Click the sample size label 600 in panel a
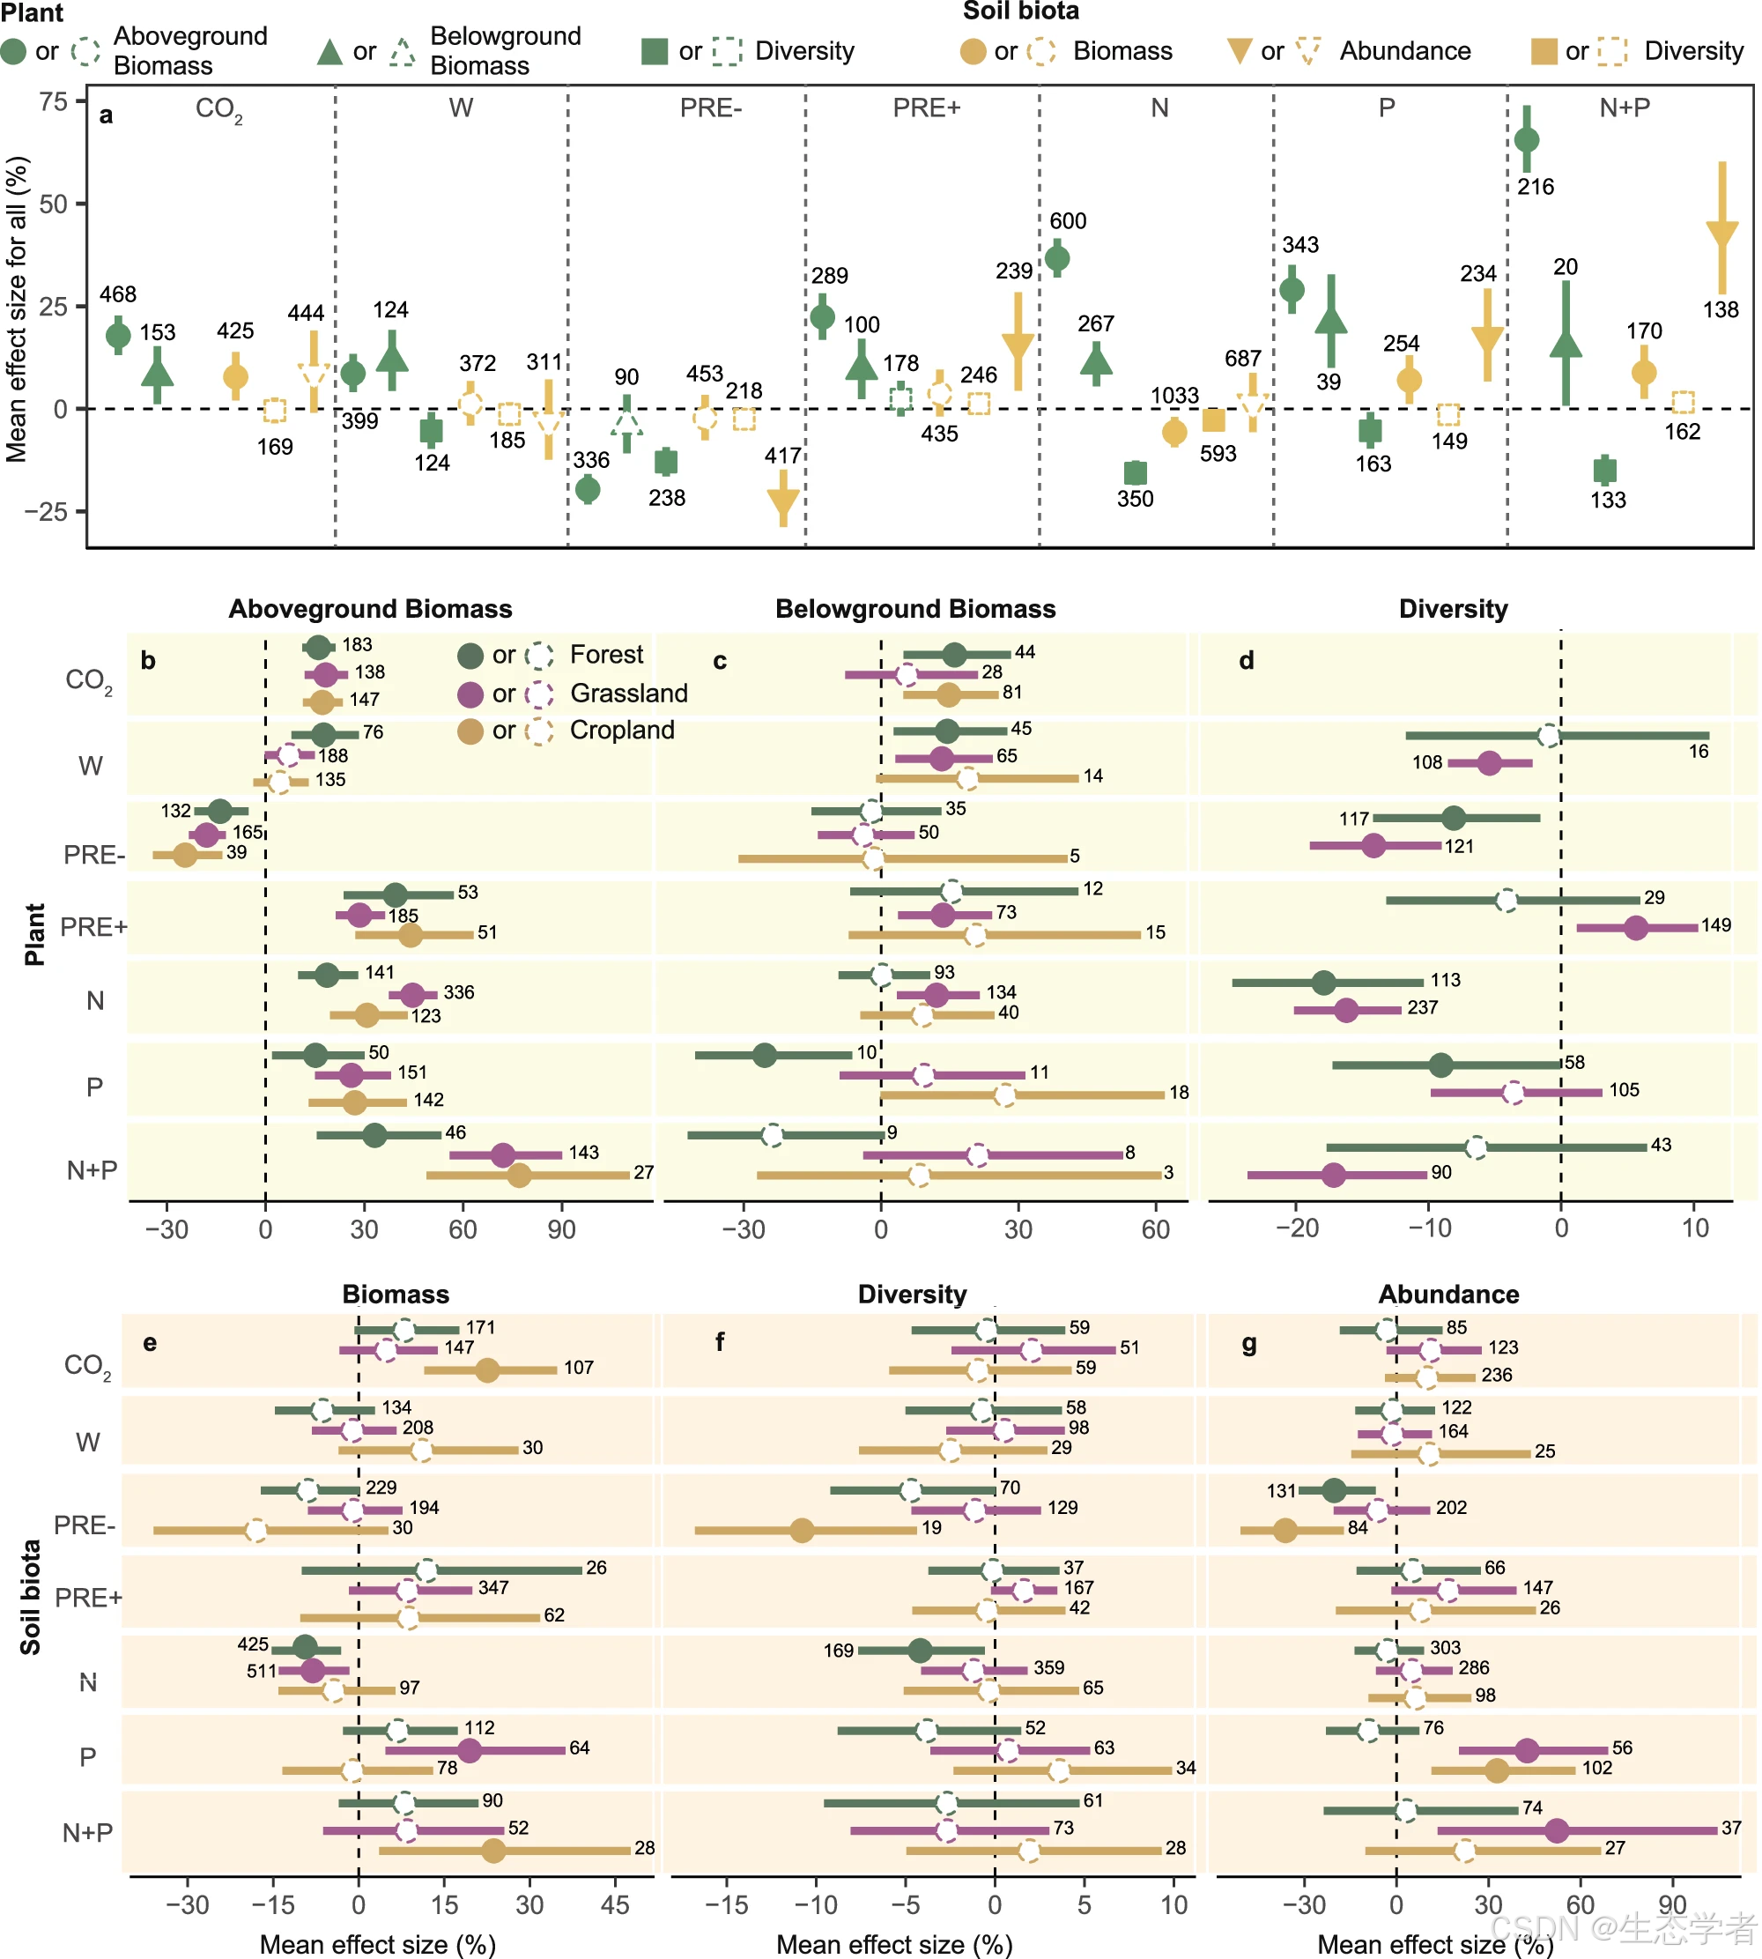pyautogui.click(x=1068, y=221)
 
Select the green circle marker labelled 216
pyautogui.click(x=1526, y=139)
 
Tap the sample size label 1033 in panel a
pyautogui.click(x=1174, y=395)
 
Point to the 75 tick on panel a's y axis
pyautogui.click(x=55, y=101)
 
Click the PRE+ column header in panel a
pyautogui.click(x=927, y=108)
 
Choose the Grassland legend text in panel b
pyautogui.click(x=628, y=694)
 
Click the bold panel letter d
pyautogui.click(x=1246, y=660)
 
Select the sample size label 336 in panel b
pyautogui.click(x=459, y=992)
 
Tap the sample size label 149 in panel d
pyautogui.click(x=1715, y=924)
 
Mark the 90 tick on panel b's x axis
pyautogui.click(x=561, y=1230)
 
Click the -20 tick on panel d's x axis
pyautogui.click(x=1298, y=1228)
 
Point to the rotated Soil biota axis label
pyautogui.click(x=31, y=1597)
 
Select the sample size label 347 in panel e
pyautogui.click(x=492, y=1587)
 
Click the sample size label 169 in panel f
pyautogui.click(x=839, y=1650)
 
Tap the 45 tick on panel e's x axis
pyautogui.click(x=615, y=1904)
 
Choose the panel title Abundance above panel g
pyautogui.click(x=1448, y=1295)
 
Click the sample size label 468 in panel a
pyautogui.click(x=118, y=294)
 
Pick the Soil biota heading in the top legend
pyautogui.click(x=1020, y=11)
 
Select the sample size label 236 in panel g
pyautogui.click(x=1496, y=1375)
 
